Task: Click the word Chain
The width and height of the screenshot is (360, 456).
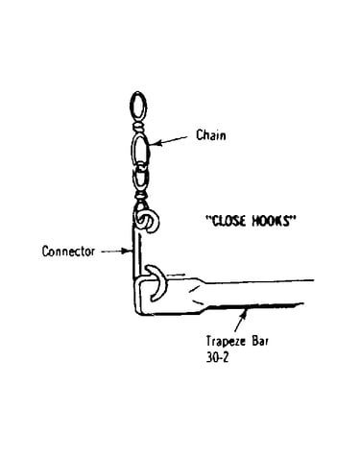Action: coord(211,135)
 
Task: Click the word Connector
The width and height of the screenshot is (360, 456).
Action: coord(69,252)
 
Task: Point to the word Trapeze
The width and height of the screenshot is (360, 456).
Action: coord(226,342)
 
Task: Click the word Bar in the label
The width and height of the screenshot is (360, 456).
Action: coord(260,341)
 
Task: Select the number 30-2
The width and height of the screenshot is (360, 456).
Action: coord(218,357)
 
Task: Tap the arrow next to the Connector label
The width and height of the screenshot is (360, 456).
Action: coord(117,252)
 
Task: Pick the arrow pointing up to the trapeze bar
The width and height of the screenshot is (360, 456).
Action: coord(241,321)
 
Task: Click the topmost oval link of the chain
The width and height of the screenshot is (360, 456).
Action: coord(138,107)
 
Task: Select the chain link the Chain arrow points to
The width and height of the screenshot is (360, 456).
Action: coord(140,150)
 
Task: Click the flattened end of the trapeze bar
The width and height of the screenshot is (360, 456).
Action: coord(170,296)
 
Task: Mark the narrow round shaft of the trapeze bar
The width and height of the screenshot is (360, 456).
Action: coord(256,293)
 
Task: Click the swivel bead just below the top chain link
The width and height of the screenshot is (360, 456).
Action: coord(138,128)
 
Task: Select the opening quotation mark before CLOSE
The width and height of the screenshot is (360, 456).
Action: coord(208,218)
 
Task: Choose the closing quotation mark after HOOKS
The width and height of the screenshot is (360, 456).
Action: coord(292,218)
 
